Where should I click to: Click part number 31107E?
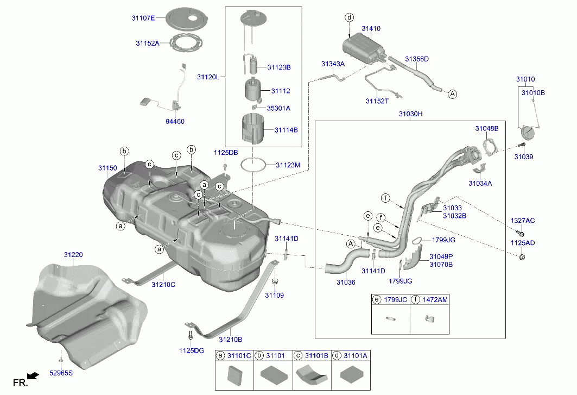(x=143, y=18)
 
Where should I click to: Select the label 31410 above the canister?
(x=371, y=28)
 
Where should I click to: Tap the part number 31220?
(x=73, y=254)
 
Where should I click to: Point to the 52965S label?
(x=60, y=373)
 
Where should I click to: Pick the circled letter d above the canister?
(x=349, y=17)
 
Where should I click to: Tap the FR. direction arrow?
(x=33, y=375)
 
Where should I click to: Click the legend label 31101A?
(x=356, y=355)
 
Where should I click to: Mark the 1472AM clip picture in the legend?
(x=429, y=318)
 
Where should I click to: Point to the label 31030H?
(x=410, y=114)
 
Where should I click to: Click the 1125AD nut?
(x=522, y=256)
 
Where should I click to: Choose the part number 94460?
(x=175, y=121)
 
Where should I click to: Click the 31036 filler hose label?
(x=345, y=282)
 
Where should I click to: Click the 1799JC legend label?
(x=395, y=299)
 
